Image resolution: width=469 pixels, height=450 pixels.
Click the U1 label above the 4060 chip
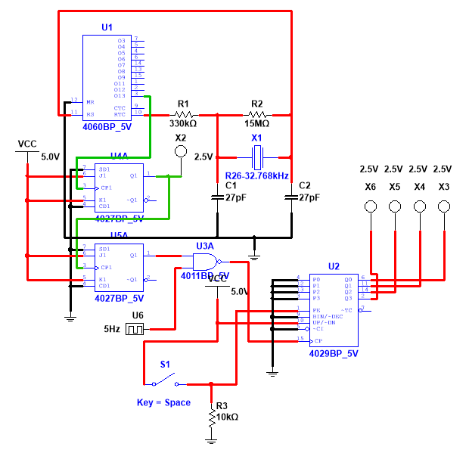[x=107, y=28]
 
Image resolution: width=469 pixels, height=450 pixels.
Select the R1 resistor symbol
[x=183, y=115]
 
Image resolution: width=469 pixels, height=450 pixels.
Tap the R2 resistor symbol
[x=256, y=115]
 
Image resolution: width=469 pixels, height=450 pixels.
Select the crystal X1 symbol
[x=257, y=157]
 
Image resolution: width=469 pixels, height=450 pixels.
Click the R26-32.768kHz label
[x=256, y=175]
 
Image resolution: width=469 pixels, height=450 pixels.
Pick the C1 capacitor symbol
[x=218, y=197]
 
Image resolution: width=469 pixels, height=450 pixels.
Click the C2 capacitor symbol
[x=291, y=197]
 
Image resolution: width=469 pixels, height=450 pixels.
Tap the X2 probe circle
[x=180, y=152]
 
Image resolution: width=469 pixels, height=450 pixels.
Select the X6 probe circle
[x=370, y=206]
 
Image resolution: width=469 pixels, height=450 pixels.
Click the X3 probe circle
[x=443, y=206]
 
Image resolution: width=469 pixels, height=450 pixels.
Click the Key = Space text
[x=163, y=402]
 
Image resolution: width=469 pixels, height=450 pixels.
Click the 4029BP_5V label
[x=334, y=353]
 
